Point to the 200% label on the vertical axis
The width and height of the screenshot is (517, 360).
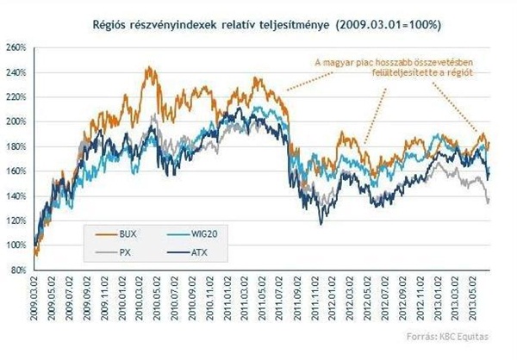tap(16, 121)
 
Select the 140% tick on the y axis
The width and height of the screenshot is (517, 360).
tap(16, 196)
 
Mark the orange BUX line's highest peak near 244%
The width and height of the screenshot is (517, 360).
tap(148, 67)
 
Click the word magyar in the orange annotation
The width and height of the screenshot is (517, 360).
tap(340, 61)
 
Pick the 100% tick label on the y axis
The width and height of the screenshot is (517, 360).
tap(16, 245)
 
